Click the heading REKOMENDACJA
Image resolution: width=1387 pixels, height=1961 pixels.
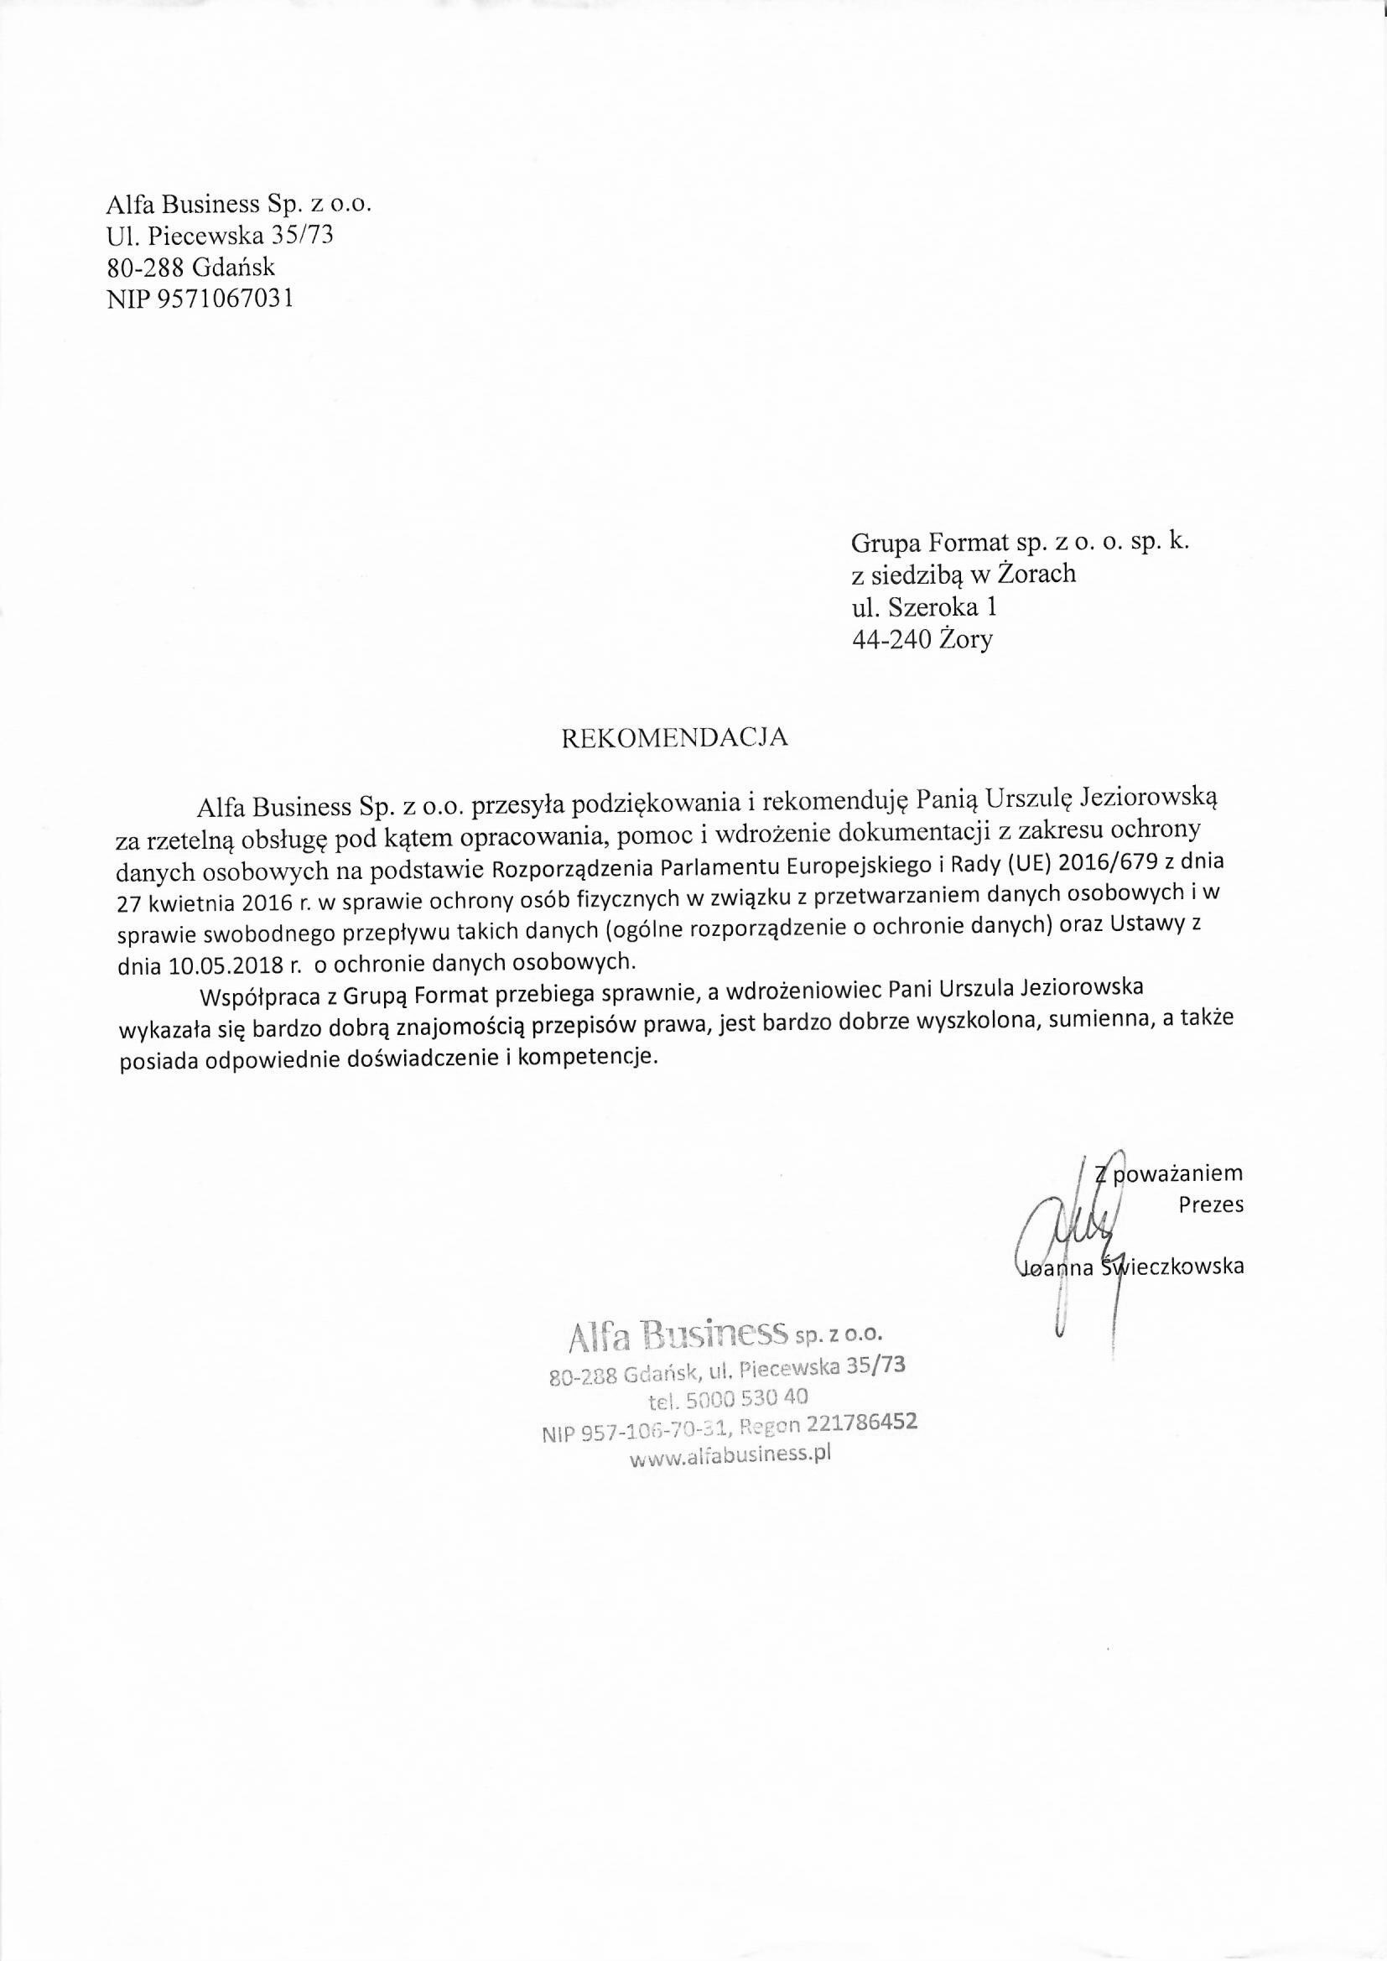tap(673, 738)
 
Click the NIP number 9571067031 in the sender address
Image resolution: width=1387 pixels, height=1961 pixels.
tap(226, 299)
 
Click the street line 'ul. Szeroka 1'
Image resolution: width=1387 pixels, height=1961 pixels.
tap(924, 606)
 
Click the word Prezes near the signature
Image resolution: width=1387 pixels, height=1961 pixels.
tap(1211, 1205)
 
